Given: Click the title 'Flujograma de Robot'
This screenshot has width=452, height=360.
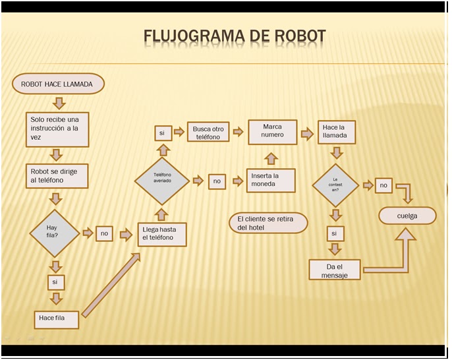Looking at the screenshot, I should (234, 36).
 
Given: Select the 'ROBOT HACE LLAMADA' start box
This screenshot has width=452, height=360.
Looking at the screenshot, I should (58, 84).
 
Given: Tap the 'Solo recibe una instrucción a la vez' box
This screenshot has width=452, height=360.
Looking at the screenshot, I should (58, 129).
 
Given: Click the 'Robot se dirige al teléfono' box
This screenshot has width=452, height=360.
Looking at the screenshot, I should (57, 176).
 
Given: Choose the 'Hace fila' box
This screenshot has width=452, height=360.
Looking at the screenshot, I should (58, 319).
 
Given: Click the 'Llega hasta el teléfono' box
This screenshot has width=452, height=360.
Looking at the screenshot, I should (162, 234).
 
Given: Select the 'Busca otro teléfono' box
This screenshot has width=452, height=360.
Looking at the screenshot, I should (208, 133).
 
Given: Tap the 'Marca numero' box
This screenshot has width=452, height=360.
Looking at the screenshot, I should (272, 131).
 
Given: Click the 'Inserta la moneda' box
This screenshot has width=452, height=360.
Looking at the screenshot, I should (271, 180).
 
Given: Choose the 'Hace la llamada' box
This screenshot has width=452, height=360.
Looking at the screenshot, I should (337, 132).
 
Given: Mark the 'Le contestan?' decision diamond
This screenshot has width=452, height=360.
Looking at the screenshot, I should (335, 185).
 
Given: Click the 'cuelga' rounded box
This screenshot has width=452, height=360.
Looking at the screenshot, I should (407, 216).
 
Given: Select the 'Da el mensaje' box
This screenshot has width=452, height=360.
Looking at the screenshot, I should (335, 270).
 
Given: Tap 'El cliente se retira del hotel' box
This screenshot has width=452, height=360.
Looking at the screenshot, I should (268, 223).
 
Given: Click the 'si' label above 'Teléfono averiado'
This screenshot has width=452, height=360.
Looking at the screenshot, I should (161, 133).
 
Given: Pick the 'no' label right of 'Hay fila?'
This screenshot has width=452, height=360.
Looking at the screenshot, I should (104, 233).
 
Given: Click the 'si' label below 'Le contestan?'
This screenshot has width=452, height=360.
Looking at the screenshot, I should (335, 233).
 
